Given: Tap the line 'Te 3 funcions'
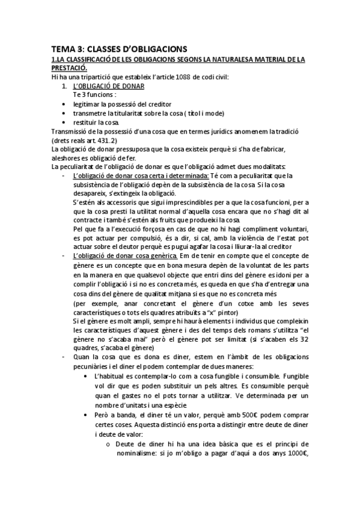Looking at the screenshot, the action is click(95, 95).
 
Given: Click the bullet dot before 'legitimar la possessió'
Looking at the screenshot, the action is click(64, 104).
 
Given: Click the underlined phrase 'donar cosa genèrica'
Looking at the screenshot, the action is click(142, 257).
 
